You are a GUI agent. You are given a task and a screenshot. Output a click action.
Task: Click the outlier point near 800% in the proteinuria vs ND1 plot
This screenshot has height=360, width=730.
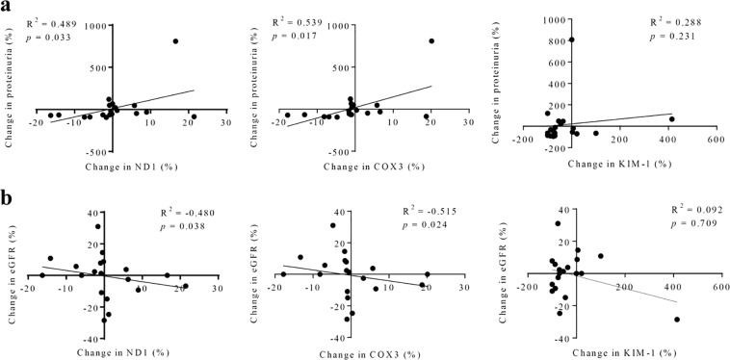175,41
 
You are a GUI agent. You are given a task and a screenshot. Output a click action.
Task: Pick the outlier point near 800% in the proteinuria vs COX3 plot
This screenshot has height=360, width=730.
431,41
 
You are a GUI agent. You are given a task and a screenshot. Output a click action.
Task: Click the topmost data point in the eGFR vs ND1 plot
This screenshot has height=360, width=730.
98,227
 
